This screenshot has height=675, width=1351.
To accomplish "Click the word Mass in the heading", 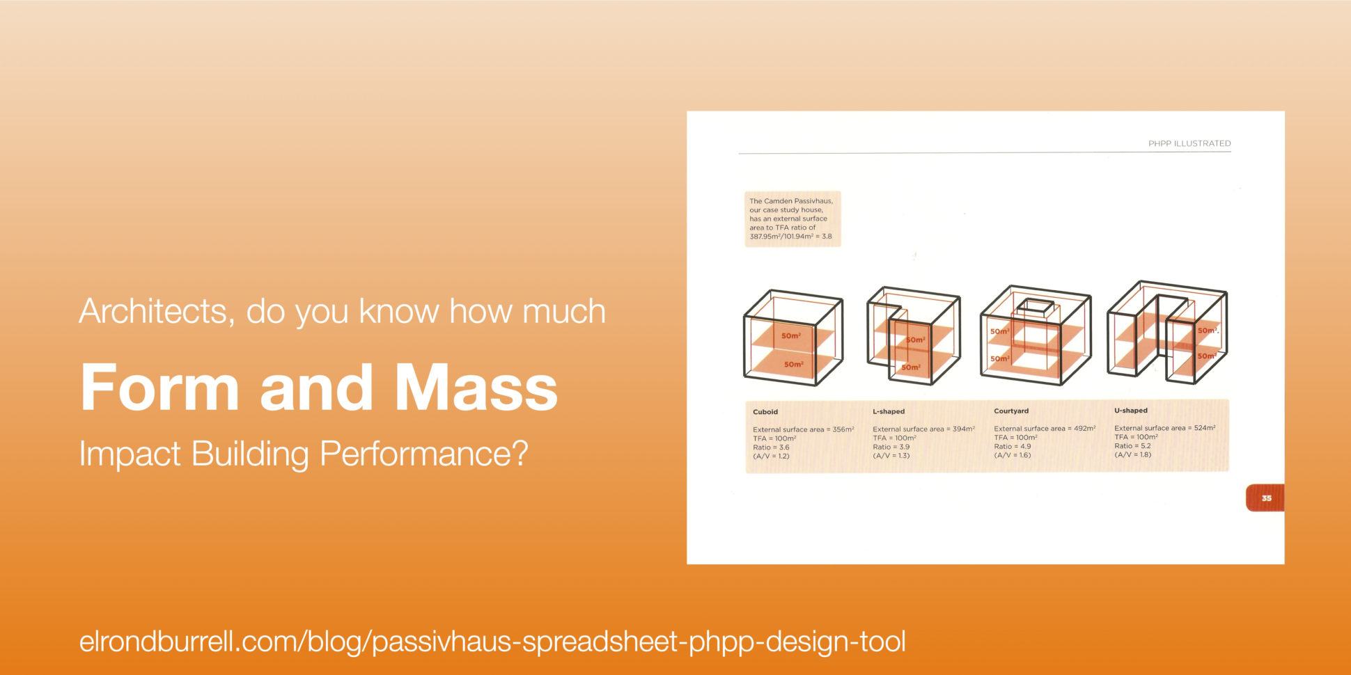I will (476, 388).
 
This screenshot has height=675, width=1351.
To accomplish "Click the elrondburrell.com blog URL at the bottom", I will (492, 641).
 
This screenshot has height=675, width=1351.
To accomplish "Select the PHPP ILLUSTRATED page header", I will (1189, 143).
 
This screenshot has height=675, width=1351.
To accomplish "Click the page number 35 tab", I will (1265, 498).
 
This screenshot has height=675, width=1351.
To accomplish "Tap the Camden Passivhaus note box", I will (792, 219).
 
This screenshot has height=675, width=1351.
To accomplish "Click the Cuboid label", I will (765, 412).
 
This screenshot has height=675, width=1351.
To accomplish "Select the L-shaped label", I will (888, 411).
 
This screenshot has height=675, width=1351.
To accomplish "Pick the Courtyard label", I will (1010, 411).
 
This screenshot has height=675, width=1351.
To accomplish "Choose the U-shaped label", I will (1130, 411).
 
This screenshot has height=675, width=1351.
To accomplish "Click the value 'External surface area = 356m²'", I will (803, 429).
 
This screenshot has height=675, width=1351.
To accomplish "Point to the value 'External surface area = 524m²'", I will (1164, 428).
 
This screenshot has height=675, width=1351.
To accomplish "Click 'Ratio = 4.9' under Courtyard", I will (1012, 447).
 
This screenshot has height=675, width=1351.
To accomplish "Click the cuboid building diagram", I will (792, 337).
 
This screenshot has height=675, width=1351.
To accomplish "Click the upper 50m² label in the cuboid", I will (790, 336).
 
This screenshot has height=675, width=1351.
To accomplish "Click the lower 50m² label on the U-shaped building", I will (1206, 356).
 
